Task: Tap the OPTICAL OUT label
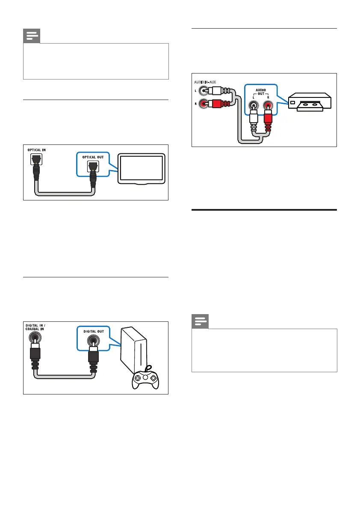point(92,157)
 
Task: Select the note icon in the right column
point(200,322)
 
